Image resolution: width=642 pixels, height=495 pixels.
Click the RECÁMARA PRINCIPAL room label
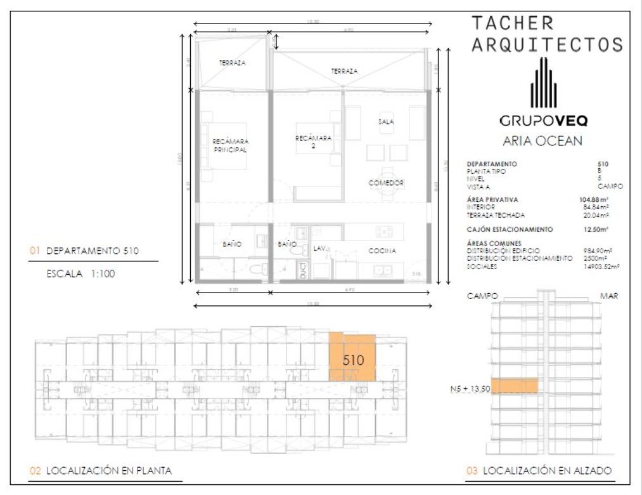click(229, 145)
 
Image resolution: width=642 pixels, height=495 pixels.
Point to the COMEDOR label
click(386, 183)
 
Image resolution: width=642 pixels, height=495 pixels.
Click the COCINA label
click(382, 251)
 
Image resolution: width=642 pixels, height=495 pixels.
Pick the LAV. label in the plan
click(319, 248)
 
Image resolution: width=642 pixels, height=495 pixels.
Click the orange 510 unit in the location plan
click(352, 358)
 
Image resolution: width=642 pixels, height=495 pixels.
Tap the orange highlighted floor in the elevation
click(514, 385)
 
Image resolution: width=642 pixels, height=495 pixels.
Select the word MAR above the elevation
click(609, 296)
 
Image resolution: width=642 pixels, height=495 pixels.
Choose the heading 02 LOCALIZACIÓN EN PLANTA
click(101, 470)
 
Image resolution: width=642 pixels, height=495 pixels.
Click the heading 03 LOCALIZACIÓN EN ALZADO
click(539, 470)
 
